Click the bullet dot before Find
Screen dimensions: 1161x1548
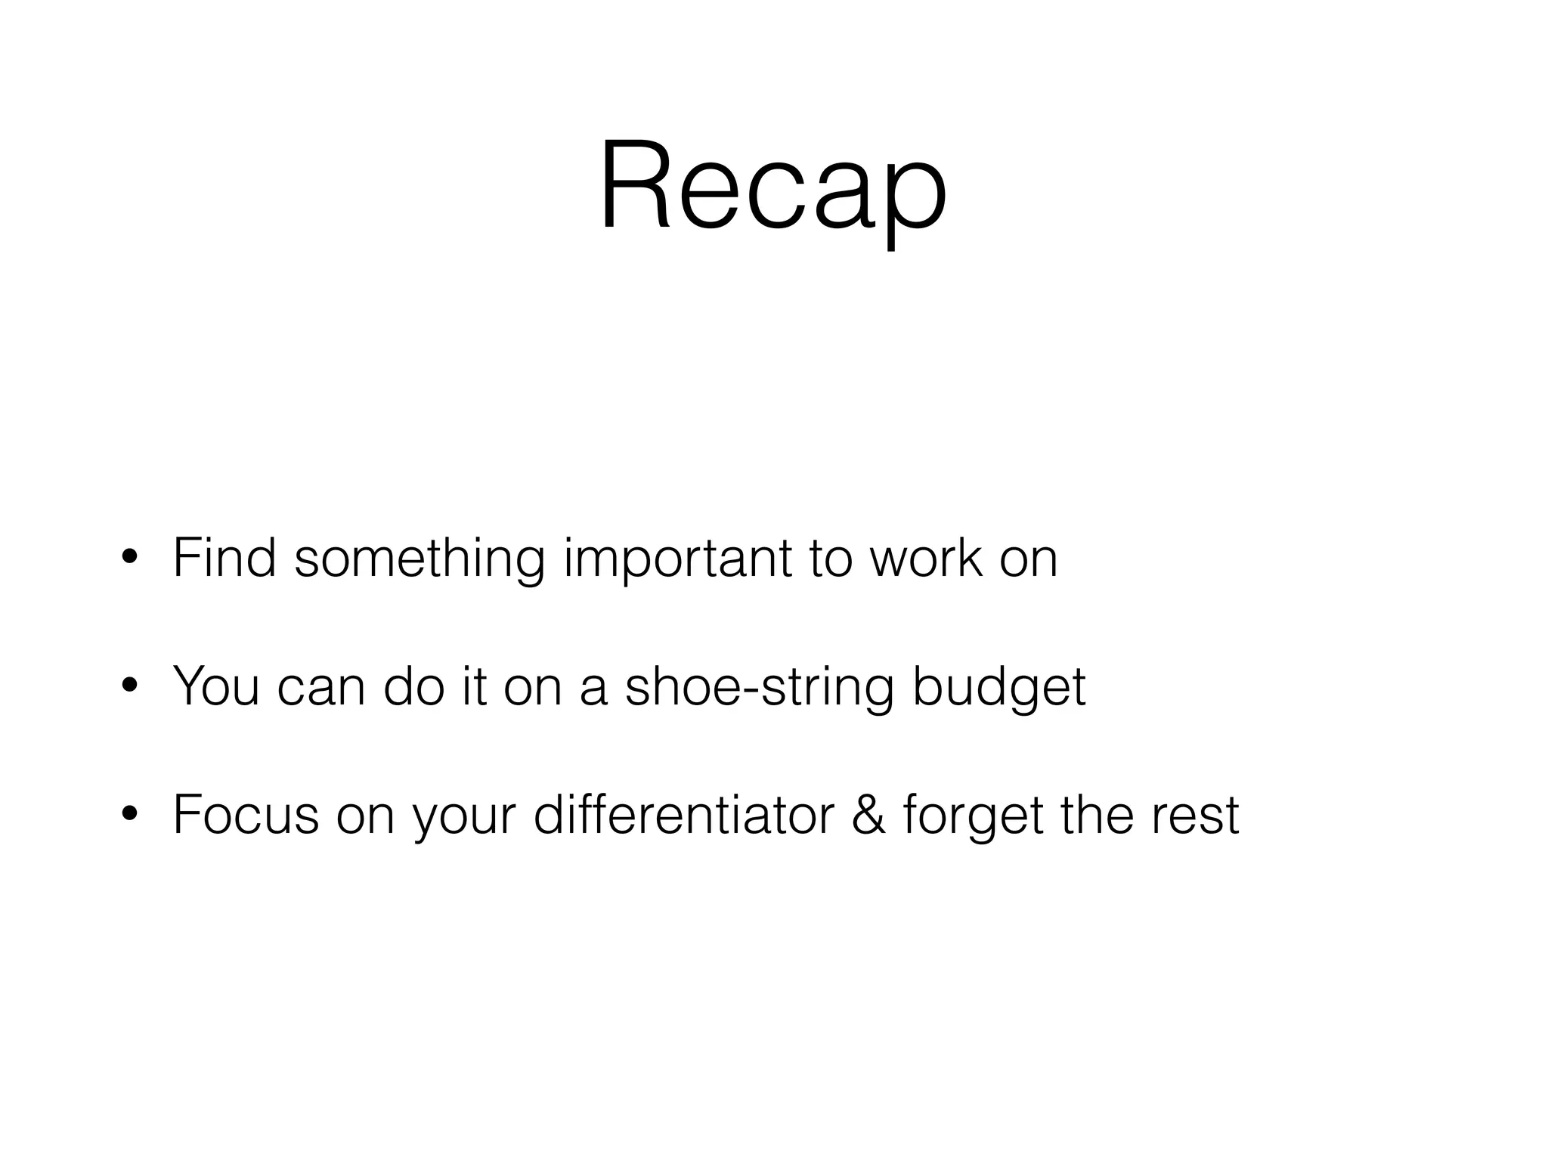click(x=129, y=559)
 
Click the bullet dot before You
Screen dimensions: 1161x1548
click(x=129, y=686)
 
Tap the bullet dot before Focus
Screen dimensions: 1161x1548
click(x=129, y=814)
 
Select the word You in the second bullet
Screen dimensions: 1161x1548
click(x=216, y=686)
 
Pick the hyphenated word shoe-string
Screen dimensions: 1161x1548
click(x=759, y=686)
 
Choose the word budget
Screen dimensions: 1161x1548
click(x=998, y=686)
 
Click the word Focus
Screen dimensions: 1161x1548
click(x=246, y=814)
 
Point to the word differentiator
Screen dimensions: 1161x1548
click(x=683, y=814)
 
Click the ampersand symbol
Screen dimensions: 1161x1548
click(x=868, y=814)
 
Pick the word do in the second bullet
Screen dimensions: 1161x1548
click(x=413, y=686)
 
